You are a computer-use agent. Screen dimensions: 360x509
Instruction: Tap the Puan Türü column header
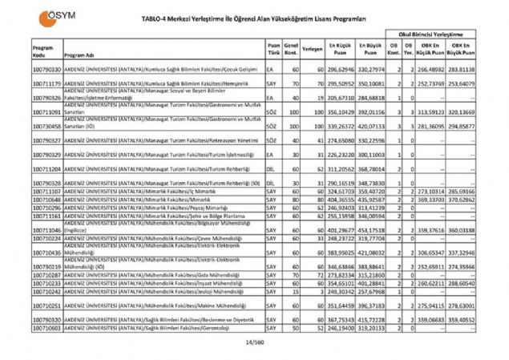[x=273, y=50]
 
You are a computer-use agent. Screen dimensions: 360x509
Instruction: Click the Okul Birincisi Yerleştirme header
[x=434, y=35]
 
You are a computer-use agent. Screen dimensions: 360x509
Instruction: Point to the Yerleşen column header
[x=313, y=50]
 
